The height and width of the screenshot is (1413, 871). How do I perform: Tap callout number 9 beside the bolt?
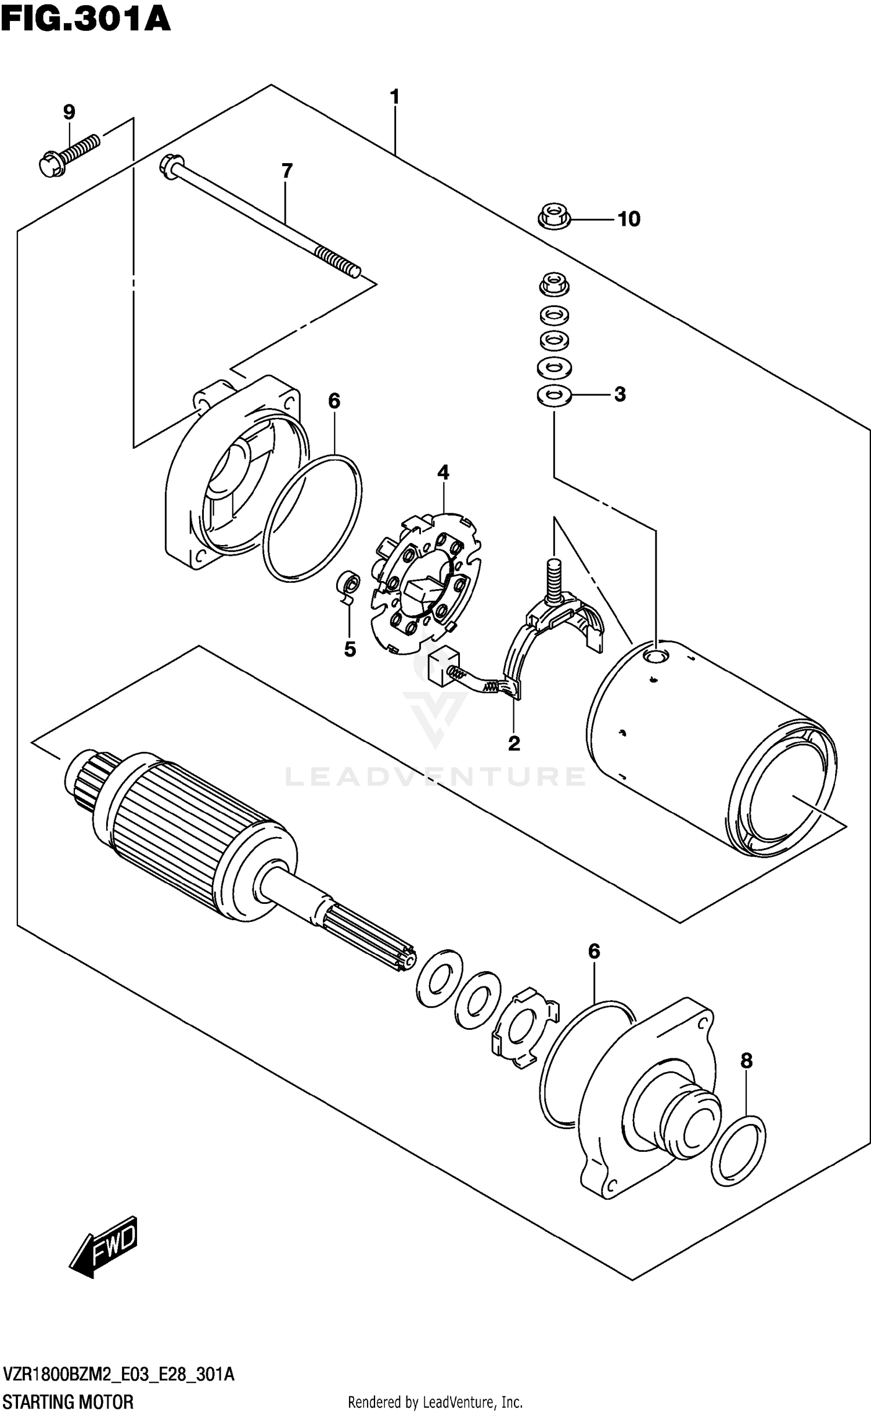point(69,112)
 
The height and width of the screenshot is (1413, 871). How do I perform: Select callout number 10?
point(628,219)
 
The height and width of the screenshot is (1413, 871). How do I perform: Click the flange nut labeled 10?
point(553,218)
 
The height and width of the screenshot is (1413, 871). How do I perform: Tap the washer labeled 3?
point(554,396)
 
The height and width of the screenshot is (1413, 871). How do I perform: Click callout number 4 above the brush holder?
point(443,473)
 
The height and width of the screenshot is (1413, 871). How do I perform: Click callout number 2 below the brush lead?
point(514,743)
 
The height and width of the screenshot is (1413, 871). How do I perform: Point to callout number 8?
point(746,1061)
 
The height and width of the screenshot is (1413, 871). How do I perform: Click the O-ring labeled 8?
point(738,1150)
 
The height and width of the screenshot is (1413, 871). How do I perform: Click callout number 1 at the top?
point(395,97)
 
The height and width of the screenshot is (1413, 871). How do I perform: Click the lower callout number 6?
point(594,951)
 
